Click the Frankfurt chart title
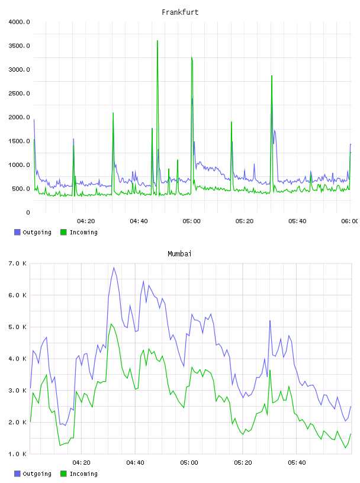(x=180, y=12)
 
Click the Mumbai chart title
(x=179, y=254)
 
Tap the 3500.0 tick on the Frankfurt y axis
(x=19, y=46)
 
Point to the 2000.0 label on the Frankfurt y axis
(x=19, y=117)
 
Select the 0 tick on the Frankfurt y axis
(x=28, y=212)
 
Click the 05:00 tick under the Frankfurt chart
(x=191, y=221)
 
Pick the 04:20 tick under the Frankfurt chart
(x=86, y=221)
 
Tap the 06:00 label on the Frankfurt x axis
(x=349, y=221)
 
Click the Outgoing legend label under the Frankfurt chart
(x=37, y=233)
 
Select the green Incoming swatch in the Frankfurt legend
(x=63, y=232)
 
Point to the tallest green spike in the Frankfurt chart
(x=157, y=41)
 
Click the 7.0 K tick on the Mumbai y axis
(x=17, y=263)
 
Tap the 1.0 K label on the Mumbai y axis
(x=17, y=454)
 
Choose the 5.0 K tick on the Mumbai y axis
(x=17, y=327)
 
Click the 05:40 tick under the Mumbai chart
(x=297, y=463)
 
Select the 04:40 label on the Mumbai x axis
(x=136, y=463)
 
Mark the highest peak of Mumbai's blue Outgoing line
(x=114, y=268)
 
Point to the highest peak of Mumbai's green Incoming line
(x=111, y=324)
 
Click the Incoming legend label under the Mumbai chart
(x=83, y=474)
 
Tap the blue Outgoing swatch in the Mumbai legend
(x=17, y=474)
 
